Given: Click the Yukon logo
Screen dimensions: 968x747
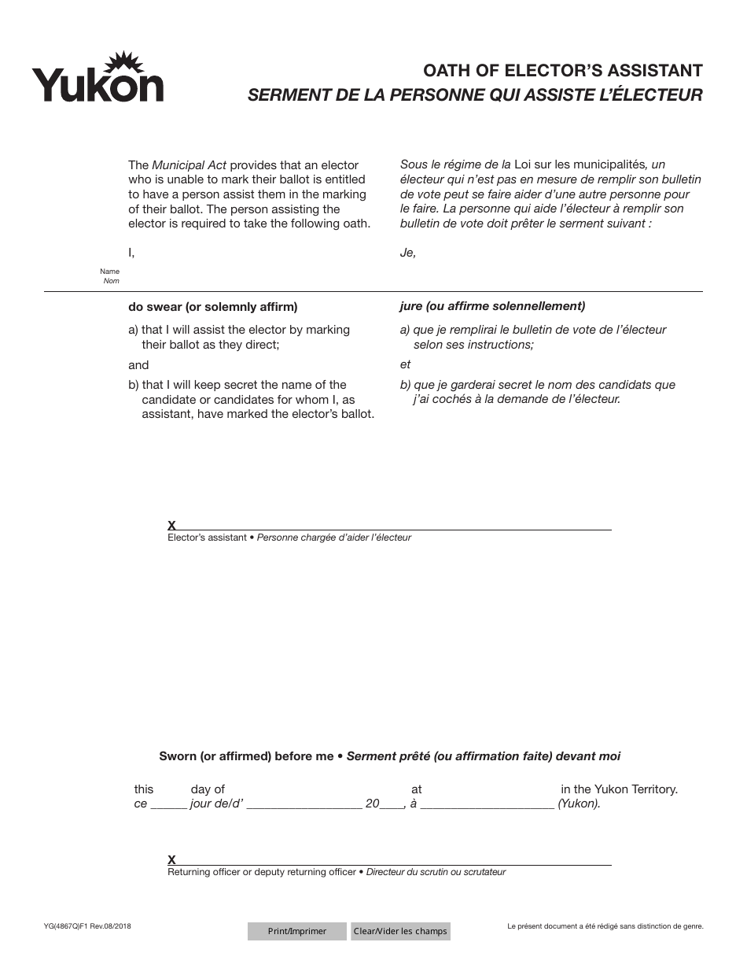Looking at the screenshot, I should tap(98, 78).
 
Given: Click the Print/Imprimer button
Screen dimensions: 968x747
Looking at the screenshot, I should tap(296, 931).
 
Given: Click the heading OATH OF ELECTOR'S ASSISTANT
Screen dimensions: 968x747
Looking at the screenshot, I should tap(562, 71).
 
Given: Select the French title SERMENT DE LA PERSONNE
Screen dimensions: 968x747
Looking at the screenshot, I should tap(475, 95).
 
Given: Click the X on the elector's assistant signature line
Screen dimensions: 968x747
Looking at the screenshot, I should tap(171, 525).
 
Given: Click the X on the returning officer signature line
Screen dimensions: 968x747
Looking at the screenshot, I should tap(171, 859).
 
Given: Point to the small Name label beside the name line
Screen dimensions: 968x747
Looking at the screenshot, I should tap(110, 272).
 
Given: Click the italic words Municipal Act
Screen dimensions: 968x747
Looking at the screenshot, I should tap(189, 165).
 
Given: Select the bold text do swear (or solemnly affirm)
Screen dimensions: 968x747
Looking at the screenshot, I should tap(212, 307).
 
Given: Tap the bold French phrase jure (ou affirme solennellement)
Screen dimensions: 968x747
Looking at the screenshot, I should tap(491, 306).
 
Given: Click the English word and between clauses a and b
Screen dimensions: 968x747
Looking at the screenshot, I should tap(138, 365).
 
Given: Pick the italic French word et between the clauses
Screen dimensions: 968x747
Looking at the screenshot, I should tap(405, 364).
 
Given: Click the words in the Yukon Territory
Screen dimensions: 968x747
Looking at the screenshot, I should tap(619, 789).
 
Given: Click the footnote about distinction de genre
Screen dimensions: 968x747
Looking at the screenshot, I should tap(605, 926).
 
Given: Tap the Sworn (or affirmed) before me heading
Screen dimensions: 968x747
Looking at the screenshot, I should tap(246, 756).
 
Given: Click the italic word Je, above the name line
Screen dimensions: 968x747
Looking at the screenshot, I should tap(407, 253).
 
